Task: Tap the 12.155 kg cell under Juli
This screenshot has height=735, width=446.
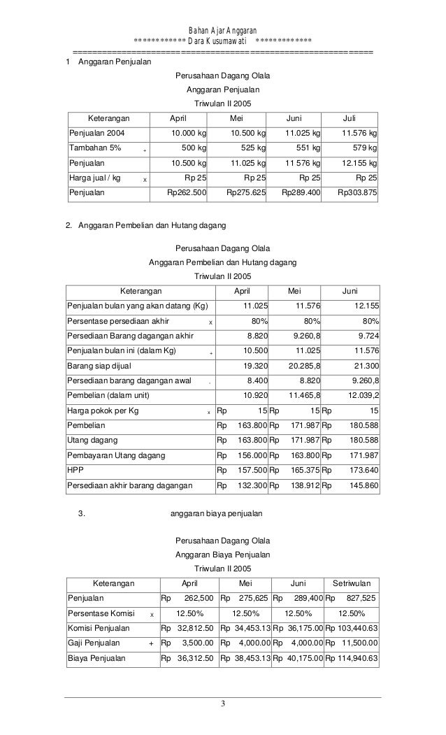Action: coord(358,163)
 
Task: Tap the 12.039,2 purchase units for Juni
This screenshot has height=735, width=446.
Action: coord(361,395)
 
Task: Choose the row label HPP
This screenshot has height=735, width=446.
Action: coord(74,471)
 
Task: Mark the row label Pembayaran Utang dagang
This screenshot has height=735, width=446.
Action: coord(116,455)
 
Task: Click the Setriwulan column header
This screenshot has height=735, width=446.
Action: coord(352,583)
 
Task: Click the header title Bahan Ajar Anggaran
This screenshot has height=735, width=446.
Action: coord(222,30)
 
